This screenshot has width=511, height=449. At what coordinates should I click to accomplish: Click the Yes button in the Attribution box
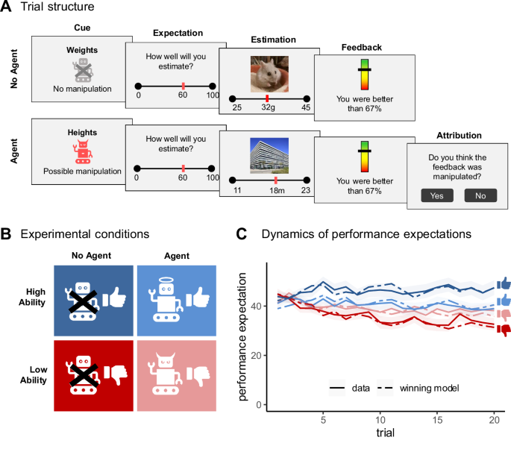click(x=437, y=195)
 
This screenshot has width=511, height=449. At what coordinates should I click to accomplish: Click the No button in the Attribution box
click(x=480, y=195)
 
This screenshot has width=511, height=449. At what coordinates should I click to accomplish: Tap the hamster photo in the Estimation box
click(x=269, y=75)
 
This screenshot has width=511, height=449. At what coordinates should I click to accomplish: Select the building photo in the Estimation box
click(x=269, y=156)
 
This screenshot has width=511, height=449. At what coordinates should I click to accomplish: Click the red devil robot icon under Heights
click(x=83, y=151)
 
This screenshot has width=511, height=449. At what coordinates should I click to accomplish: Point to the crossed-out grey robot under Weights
click(x=83, y=70)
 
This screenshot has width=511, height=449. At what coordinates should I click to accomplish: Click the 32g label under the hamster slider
click(x=268, y=107)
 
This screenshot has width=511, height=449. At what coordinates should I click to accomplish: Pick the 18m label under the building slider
click(x=277, y=190)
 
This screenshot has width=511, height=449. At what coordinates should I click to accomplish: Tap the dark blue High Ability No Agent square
click(x=93, y=301)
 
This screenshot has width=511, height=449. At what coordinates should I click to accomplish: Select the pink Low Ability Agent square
click(x=177, y=376)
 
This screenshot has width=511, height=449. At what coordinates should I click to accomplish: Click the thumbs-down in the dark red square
click(x=116, y=374)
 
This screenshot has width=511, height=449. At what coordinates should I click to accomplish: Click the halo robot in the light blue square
click(x=165, y=300)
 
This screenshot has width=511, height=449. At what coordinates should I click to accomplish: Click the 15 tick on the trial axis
click(x=437, y=420)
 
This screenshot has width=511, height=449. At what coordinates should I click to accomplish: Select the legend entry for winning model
click(x=418, y=388)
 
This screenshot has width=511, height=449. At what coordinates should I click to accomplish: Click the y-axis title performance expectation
click(x=242, y=336)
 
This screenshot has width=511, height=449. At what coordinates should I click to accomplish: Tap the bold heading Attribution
click(x=459, y=135)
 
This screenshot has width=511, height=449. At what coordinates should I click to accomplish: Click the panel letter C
click(x=242, y=234)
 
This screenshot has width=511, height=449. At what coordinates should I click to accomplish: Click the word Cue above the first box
click(x=82, y=28)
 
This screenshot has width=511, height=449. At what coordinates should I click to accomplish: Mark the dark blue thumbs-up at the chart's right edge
click(x=504, y=284)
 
